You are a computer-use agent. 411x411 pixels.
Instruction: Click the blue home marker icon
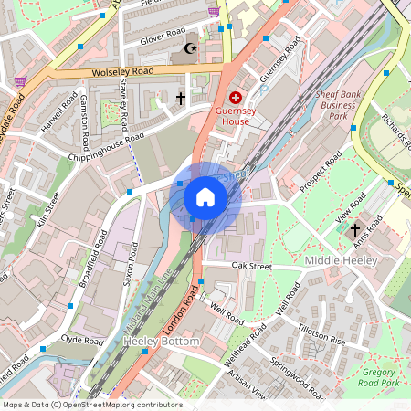(205, 197)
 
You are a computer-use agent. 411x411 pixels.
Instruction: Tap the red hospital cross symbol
(236, 97)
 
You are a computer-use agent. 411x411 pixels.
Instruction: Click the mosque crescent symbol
(190, 48)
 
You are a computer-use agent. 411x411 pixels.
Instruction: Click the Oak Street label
(252, 266)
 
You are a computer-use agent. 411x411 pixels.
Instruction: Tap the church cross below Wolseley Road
(180, 97)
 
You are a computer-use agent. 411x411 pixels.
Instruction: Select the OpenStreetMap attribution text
(92, 405)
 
